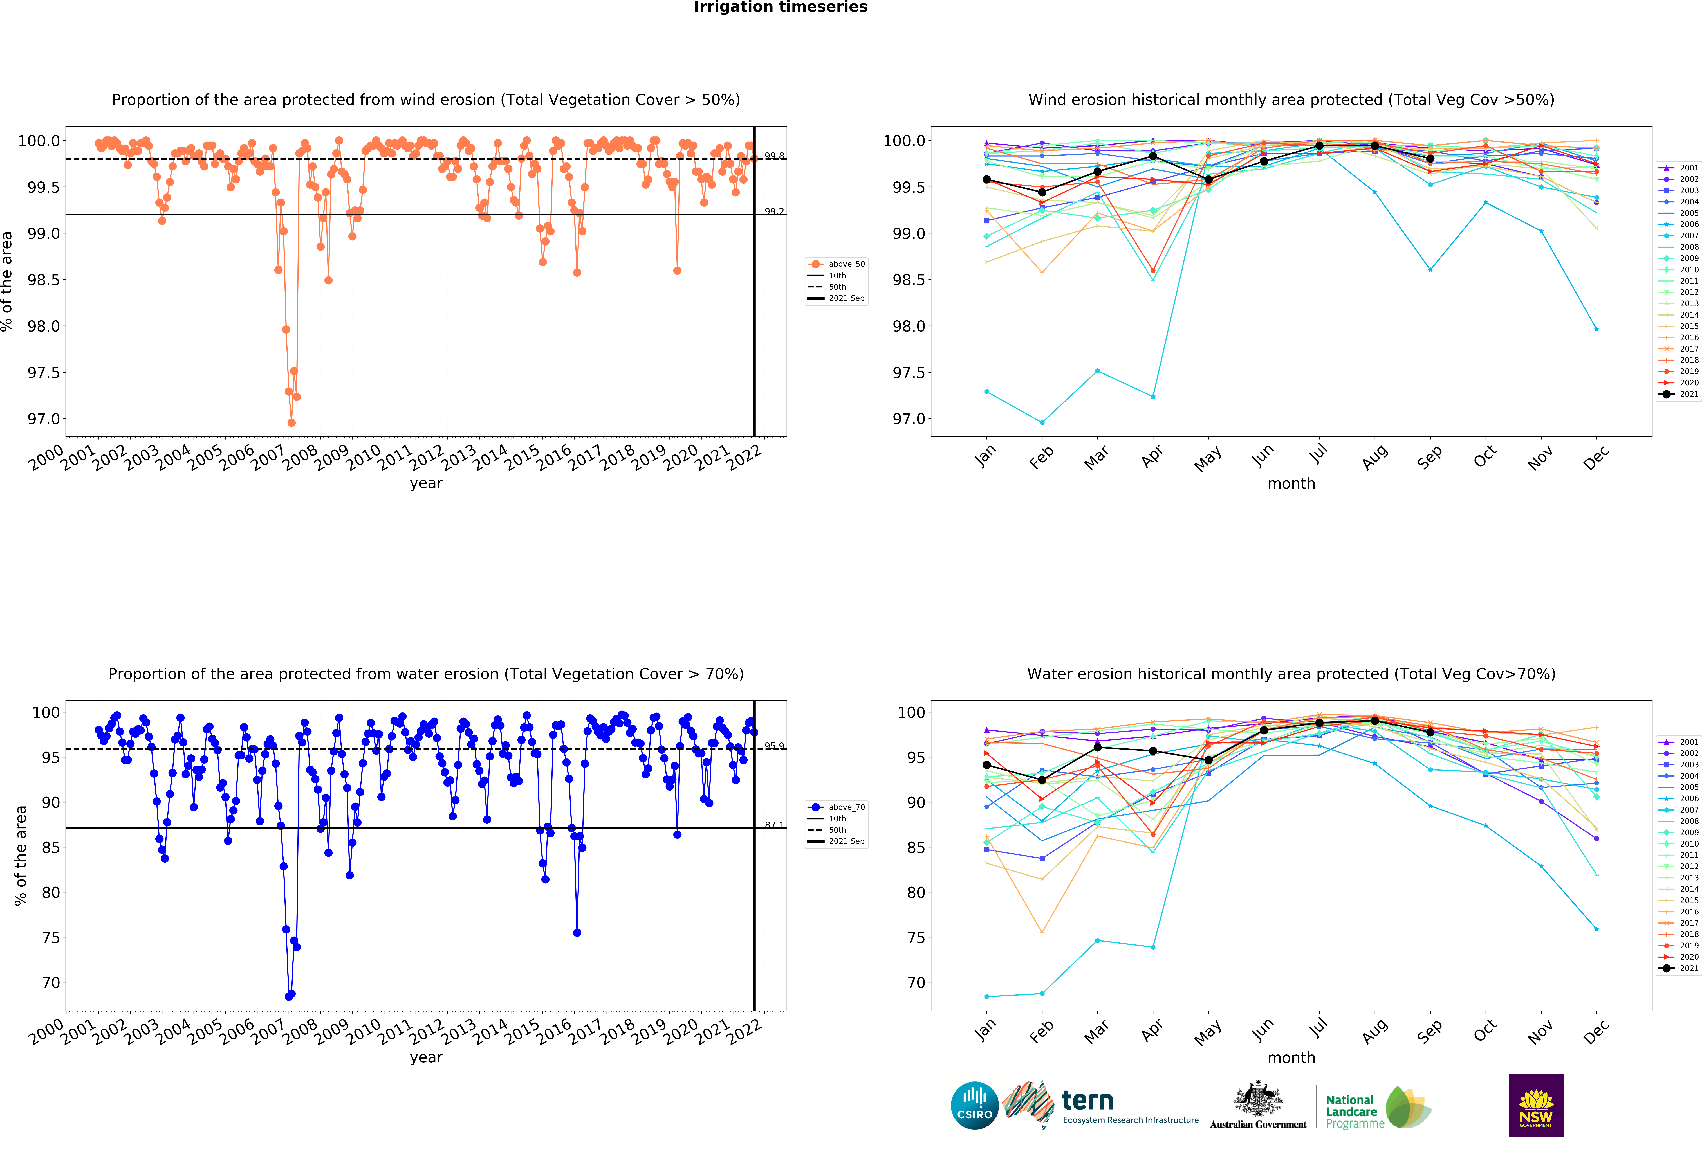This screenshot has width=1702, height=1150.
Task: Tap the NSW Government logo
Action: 1536,1105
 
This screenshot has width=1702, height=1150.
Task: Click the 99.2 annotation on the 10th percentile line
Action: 774,211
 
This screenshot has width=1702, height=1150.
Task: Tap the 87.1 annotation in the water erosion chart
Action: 774,825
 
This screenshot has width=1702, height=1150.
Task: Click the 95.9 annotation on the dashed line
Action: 774,746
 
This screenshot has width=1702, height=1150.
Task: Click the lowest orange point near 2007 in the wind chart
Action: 291,422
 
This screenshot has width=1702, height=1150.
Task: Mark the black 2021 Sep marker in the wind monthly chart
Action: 1430,159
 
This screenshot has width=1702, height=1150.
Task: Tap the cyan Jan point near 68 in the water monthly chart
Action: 986,996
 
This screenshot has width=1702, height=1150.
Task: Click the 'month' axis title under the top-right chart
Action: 1291,484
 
